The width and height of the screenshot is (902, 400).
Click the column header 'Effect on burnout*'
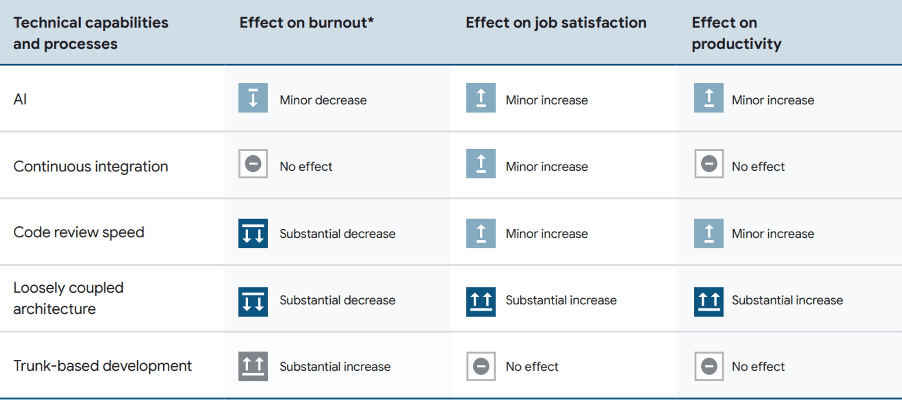click(306, 23)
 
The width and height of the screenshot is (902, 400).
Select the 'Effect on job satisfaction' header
click(556, 23)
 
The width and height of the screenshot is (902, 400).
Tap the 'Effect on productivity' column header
click(736, 33)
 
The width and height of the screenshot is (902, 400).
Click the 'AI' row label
click(20, 99)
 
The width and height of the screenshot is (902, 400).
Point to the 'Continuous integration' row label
click(91, 166)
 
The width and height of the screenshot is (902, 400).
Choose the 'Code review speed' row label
click(79, 232)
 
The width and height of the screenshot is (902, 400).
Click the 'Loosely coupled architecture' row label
click(68, 298)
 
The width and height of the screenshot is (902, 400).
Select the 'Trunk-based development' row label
click(102, 366)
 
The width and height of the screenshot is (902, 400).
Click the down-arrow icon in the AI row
click(253, 98)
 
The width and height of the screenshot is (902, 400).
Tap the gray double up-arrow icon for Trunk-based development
click(253, 366)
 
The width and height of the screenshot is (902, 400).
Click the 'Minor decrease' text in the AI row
click(323, 100)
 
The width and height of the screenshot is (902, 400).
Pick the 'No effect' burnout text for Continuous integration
click(306, 166)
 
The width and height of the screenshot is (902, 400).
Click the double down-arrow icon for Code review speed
click(253, 233)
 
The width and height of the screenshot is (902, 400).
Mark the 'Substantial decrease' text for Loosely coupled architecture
click(337, 300)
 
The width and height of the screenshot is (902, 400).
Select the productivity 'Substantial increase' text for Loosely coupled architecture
click(787, 300)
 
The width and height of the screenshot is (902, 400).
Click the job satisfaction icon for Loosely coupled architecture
click(481, 301)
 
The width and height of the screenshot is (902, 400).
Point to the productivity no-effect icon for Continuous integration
click(709, 163)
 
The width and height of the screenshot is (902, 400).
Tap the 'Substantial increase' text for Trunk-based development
click(335, 367)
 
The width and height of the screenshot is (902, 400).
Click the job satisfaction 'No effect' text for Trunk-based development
click(532, 367)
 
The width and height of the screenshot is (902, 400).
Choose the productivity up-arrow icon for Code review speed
click(709, 233)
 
